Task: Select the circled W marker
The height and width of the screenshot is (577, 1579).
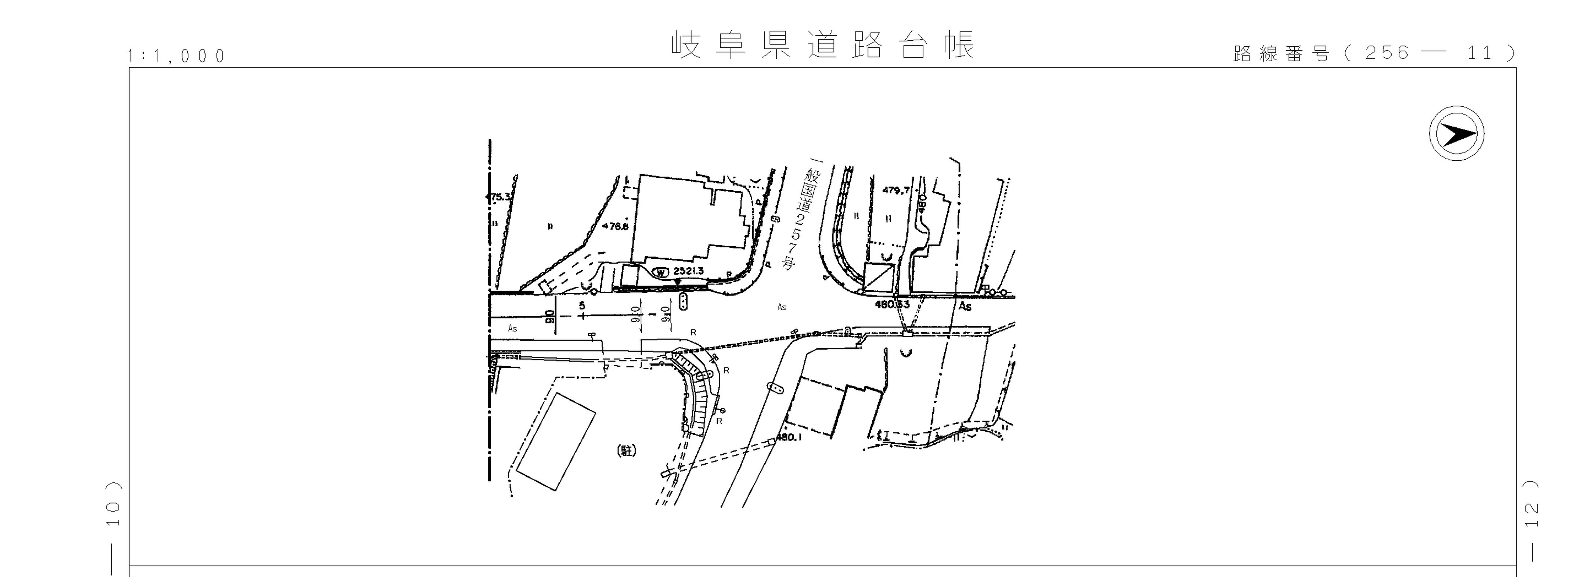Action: [661, 272]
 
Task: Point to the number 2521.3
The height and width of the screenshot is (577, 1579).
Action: [688, 271]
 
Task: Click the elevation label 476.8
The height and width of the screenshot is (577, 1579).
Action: [616, 226]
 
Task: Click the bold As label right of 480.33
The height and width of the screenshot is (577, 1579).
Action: [965, 306]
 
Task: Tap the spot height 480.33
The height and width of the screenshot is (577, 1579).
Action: [892, 304]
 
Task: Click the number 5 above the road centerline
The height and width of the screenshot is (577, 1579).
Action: [582, 305]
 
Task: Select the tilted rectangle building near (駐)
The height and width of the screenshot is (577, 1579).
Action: [555, 442]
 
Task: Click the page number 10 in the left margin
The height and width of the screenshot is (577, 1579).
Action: [114, 506]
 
